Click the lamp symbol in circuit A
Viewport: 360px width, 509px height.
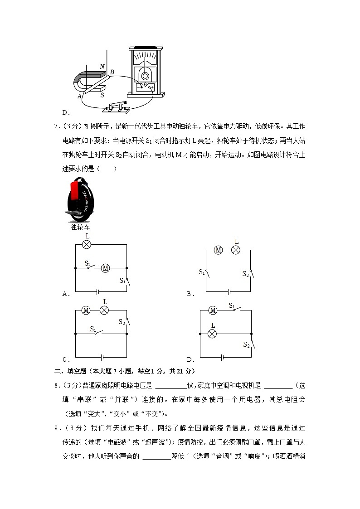[x=86, y=244]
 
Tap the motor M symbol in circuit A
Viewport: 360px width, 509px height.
[x=105, y=268]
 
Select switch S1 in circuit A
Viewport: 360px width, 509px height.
[x=127, y=281]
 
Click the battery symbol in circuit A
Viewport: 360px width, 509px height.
[x=97, y=291]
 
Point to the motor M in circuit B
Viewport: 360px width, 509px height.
[x=218, y=250]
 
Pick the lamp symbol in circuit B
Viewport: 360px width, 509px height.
[x=235, y=250]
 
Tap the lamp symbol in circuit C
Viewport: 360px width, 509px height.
[x=104, y=310]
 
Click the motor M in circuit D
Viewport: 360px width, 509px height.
[x=213, y=310]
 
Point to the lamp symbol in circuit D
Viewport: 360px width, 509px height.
[x=212, y=334]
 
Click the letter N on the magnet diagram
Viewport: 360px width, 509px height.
[x=102, y=67]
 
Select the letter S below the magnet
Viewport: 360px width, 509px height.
[x=102, y=95]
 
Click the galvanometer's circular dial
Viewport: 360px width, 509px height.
[x=145, y=76]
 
